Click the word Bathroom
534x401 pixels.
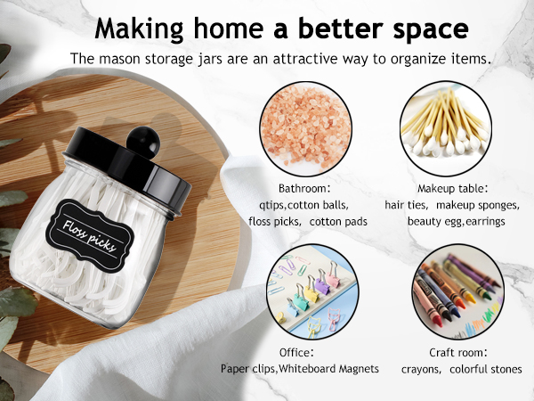pos(303,189)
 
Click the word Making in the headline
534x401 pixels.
pos(141,28)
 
